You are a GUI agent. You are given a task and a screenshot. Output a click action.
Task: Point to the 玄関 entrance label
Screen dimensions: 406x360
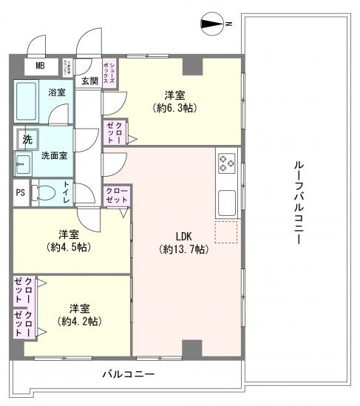(x=89, y=81)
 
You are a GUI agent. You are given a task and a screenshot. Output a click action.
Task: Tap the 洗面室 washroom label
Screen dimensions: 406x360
(x=54, y=156)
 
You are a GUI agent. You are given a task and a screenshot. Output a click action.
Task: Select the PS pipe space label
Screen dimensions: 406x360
(x=20, y=194)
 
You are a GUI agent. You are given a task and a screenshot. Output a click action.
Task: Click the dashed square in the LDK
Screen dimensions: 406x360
(x=226, y=231)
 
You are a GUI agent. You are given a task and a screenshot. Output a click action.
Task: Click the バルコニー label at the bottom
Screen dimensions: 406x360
(x=128, y=375)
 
